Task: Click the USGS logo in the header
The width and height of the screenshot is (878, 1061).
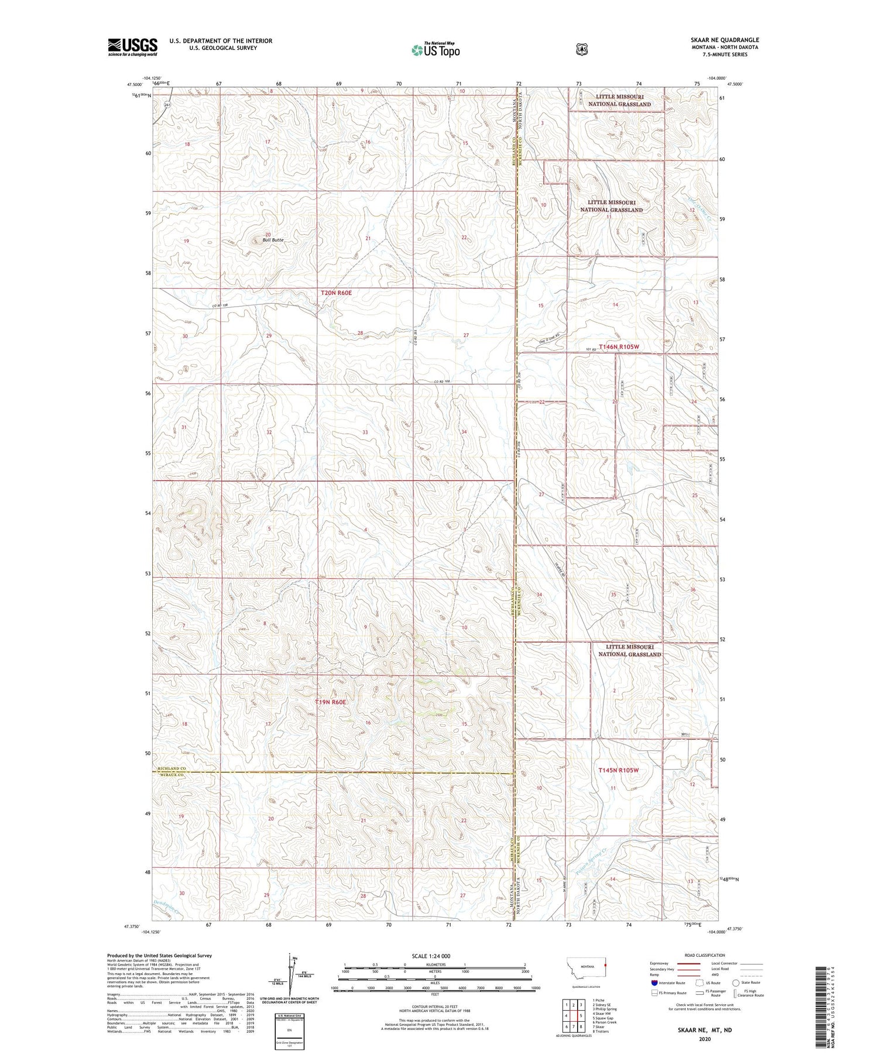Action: pos(132,47)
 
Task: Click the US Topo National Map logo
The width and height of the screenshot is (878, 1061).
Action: pos(435,50)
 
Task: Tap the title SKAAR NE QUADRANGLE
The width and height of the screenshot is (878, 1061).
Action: pos(724,40)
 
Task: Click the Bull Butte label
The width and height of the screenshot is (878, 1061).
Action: pos(273,240)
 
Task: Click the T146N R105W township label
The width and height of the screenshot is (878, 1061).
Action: pos(619,347)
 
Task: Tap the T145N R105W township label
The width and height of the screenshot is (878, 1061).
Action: pos(619,770)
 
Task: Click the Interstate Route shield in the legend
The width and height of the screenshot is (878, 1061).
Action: pos(654,983)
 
